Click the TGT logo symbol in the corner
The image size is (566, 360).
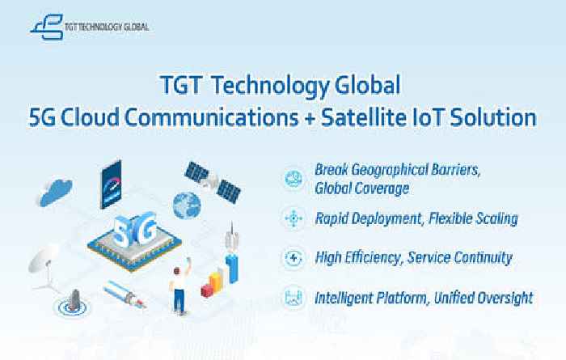click(x=47, y=27)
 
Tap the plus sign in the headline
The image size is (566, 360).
click(x=310, y=119)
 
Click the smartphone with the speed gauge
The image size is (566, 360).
click(x=111, y=184)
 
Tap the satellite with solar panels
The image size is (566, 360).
click(x=213, y=182)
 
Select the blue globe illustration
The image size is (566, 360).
click(x=187, y=205)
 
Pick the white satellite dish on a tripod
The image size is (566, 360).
click(x=45, y=268)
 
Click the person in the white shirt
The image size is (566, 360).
click(x=180, y=286)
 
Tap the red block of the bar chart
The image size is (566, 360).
click(x=208, y=290)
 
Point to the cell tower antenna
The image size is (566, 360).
click(x=232, y=252)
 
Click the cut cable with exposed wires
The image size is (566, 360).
click(x=125, y=294)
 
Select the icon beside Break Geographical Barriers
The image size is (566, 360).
click(x=294, y=179)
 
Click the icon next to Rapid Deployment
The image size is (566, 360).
click(x=294, y=218)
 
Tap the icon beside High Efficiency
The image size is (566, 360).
click(x=294, y=258)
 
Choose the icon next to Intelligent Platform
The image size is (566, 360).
click(x=294, y=298)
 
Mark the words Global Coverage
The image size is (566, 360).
click(x=362, y=188)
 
